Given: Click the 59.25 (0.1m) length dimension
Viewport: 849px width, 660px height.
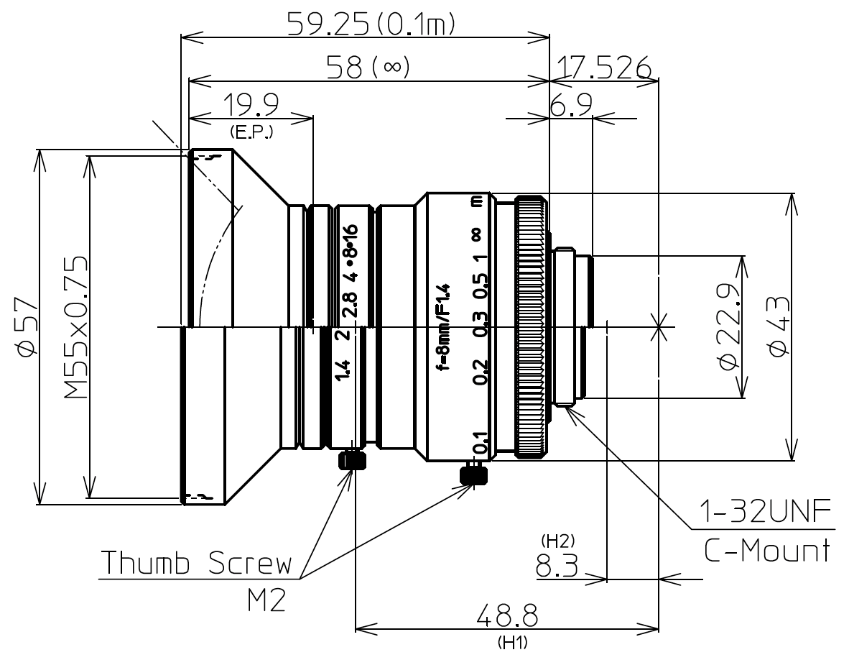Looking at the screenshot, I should tap(371, 24).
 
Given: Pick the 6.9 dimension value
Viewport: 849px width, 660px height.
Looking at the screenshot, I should tap(571, 105).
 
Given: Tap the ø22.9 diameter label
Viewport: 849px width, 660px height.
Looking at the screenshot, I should tap(729, 326).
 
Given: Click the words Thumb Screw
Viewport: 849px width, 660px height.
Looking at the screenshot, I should tap(196, 563).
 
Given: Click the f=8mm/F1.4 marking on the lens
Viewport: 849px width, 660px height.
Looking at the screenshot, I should tap(444, 326).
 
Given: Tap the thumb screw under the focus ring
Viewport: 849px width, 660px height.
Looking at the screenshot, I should tap(473, 475).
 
